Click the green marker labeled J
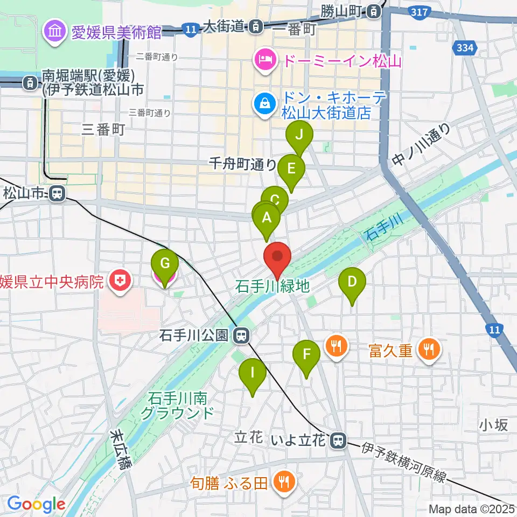point(299,135)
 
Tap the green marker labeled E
point(291,169)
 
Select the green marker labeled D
point(352,282)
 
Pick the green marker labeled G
point(165,264)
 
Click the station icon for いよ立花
point(338,440)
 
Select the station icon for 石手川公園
point(241,336)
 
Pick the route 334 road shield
point(464,48)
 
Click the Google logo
point(36,504)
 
